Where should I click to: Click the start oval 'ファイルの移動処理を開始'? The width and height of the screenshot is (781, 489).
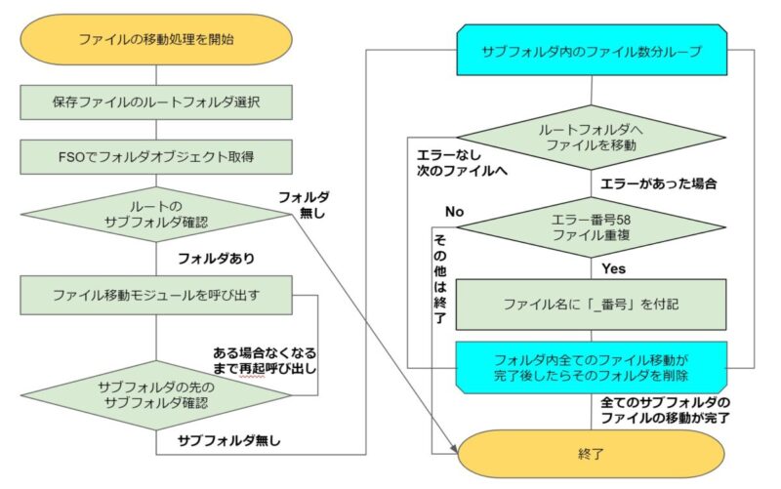point(156,39)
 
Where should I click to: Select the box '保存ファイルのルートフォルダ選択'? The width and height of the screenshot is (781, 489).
point(156,102)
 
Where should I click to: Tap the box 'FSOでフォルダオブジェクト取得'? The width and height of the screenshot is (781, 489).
point(156,157)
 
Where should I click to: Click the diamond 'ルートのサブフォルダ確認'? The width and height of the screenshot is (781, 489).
point(156,215)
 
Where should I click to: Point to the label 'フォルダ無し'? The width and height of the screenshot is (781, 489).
point(304,205)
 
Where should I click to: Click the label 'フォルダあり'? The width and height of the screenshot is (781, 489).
point(216,259)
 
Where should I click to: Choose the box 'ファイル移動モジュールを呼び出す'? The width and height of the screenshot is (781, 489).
point(156,296)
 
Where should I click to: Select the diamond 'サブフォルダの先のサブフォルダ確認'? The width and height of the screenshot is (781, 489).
point(156,395)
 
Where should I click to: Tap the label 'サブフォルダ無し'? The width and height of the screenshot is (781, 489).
point(229,441)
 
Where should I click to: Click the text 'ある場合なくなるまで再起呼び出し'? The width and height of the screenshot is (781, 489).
point(265,361)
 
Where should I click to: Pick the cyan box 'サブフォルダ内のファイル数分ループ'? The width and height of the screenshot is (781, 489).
point(592,51)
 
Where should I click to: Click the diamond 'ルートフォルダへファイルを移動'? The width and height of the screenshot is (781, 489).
point(592,138)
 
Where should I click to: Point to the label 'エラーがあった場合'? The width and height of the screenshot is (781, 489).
point(658,183)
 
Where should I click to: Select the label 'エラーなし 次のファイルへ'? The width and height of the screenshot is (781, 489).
point(462,163)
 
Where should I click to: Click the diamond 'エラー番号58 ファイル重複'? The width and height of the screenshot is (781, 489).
point(592,227)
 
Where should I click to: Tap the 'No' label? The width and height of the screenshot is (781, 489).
point(454,212)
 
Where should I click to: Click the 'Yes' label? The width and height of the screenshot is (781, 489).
point(614,268)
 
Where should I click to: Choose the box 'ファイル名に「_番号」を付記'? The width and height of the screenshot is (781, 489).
point(592,305)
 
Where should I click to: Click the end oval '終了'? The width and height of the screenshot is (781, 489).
point(591,454)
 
